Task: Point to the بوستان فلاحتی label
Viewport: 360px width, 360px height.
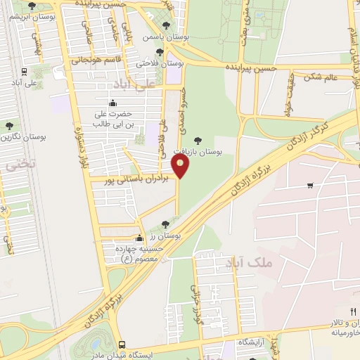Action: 160,63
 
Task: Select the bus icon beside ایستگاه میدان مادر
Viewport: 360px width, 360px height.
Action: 122,345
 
